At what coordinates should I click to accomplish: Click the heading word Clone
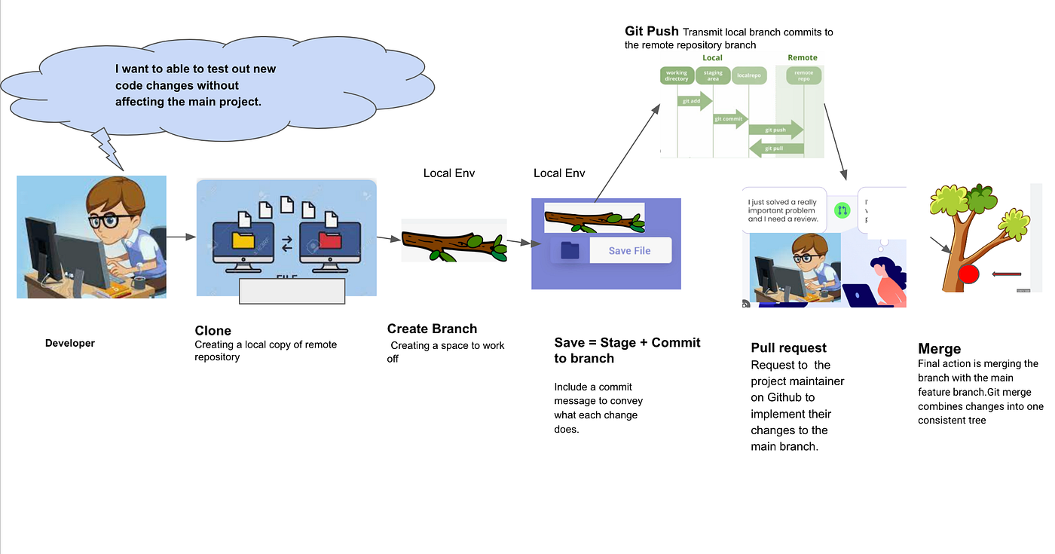(x=213, y=330)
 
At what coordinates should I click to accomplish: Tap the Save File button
(x=629, y=250)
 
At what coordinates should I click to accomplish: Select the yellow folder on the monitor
(x=243, y=240)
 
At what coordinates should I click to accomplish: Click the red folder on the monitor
(x=329, y=240)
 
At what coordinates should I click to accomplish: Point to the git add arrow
(x=694, y=100)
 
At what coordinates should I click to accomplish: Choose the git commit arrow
(x=729, y=118)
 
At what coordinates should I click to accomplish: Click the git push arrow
(x=775, y=130)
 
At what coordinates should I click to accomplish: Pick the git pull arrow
(x=775, y=148)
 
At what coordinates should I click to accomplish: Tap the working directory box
(x=677, y=76)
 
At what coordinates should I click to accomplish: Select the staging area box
(x=713, y=76)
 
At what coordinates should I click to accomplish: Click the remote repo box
(x=804, y=76)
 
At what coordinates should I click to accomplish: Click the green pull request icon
(x=842, y=210)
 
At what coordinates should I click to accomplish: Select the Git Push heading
(x=651, y=32)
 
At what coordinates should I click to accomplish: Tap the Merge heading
(x=939, y=349)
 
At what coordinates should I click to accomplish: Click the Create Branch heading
(x=432, y=329)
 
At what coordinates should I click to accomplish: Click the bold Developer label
(x=70, y=343)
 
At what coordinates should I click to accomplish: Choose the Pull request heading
(x=788, y=347)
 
